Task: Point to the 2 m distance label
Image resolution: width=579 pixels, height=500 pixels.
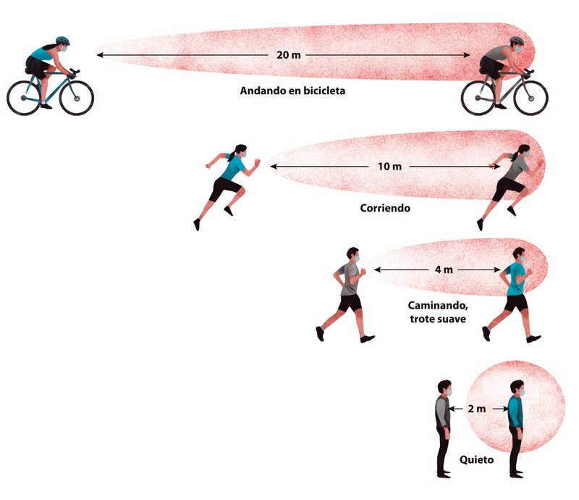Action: point(477,409)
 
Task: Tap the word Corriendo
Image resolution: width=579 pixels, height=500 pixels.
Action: point(385,207)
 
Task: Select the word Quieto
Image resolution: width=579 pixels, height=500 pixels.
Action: point(478,459)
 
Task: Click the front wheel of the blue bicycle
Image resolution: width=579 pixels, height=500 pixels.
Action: point(77,97)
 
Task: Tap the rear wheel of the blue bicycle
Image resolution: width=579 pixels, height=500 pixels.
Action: point(24,97)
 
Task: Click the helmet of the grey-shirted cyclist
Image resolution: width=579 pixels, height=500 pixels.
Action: point(517,42)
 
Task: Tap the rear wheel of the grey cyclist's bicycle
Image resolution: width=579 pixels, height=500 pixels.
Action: point(478,97)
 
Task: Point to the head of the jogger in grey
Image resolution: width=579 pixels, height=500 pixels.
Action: point(352,254)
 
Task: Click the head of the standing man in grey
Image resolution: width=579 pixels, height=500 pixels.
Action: point(444,388)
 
